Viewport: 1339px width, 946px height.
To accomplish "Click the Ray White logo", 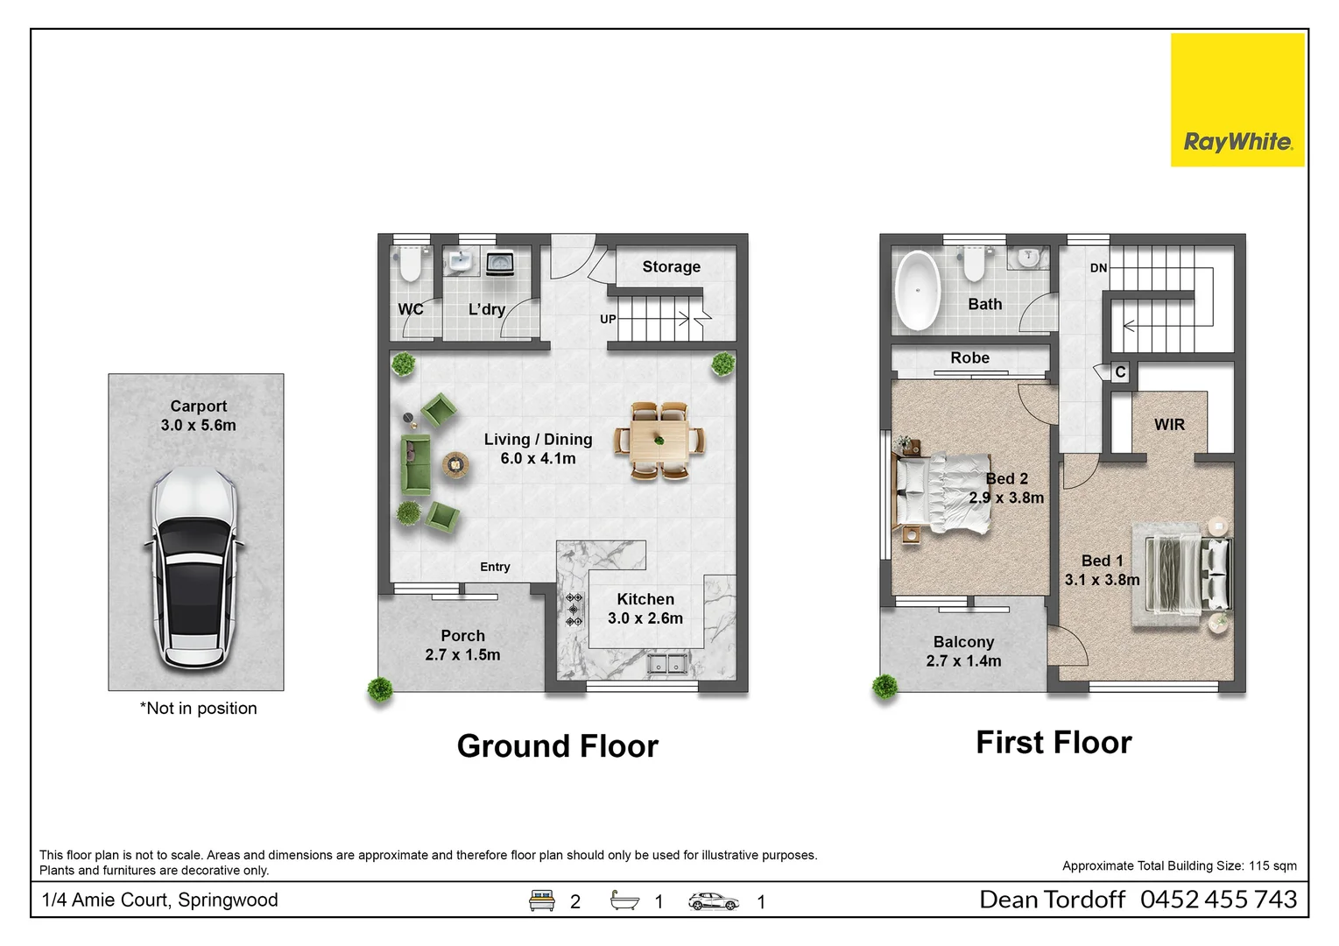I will point(1237,100).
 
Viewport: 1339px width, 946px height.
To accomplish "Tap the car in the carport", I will point(194,568).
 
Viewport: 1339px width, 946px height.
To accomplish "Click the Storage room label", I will point(671,267).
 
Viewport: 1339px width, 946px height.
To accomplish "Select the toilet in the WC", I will point(410,264).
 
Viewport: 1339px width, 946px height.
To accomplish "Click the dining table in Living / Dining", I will point(659,440).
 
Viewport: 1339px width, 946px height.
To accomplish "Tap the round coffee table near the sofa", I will point(455,464).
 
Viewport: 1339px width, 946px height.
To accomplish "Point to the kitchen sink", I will point(668,665).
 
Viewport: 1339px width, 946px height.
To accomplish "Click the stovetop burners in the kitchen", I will point(574,610).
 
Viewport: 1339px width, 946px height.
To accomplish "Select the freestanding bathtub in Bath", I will point(917,291).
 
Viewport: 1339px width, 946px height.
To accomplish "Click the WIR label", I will point(1169,425).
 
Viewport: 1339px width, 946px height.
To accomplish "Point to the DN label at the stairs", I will point(1098,268).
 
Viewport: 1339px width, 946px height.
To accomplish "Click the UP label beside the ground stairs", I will point(608,319).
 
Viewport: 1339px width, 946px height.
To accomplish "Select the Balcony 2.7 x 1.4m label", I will point(963,652).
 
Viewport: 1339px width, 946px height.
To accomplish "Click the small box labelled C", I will point(1120,372).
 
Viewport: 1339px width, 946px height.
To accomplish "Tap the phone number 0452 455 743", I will point(1218,900).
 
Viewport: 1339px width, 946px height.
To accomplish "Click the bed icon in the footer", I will point(542,900).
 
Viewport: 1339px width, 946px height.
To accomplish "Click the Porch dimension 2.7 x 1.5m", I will point(462,655).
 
